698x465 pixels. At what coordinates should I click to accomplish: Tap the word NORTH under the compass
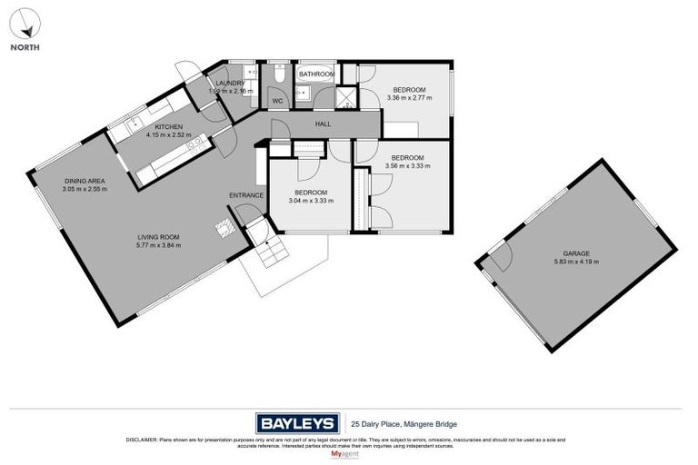25,46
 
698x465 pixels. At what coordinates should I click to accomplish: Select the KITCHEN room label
168,126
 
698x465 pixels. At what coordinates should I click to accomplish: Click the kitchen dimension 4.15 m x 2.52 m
168,134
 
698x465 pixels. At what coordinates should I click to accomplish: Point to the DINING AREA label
84,181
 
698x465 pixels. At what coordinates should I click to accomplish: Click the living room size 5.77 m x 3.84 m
158,245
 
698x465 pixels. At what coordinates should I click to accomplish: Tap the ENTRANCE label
246,195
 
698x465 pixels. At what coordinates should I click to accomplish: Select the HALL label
323,124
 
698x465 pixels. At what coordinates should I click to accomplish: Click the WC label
278,101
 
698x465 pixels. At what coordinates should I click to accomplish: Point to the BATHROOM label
317,74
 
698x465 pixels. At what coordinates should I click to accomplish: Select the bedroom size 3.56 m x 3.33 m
404,166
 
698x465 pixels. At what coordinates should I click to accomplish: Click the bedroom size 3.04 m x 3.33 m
311,201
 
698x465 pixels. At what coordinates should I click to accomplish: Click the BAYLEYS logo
297,422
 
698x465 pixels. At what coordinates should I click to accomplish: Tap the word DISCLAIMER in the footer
145,440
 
